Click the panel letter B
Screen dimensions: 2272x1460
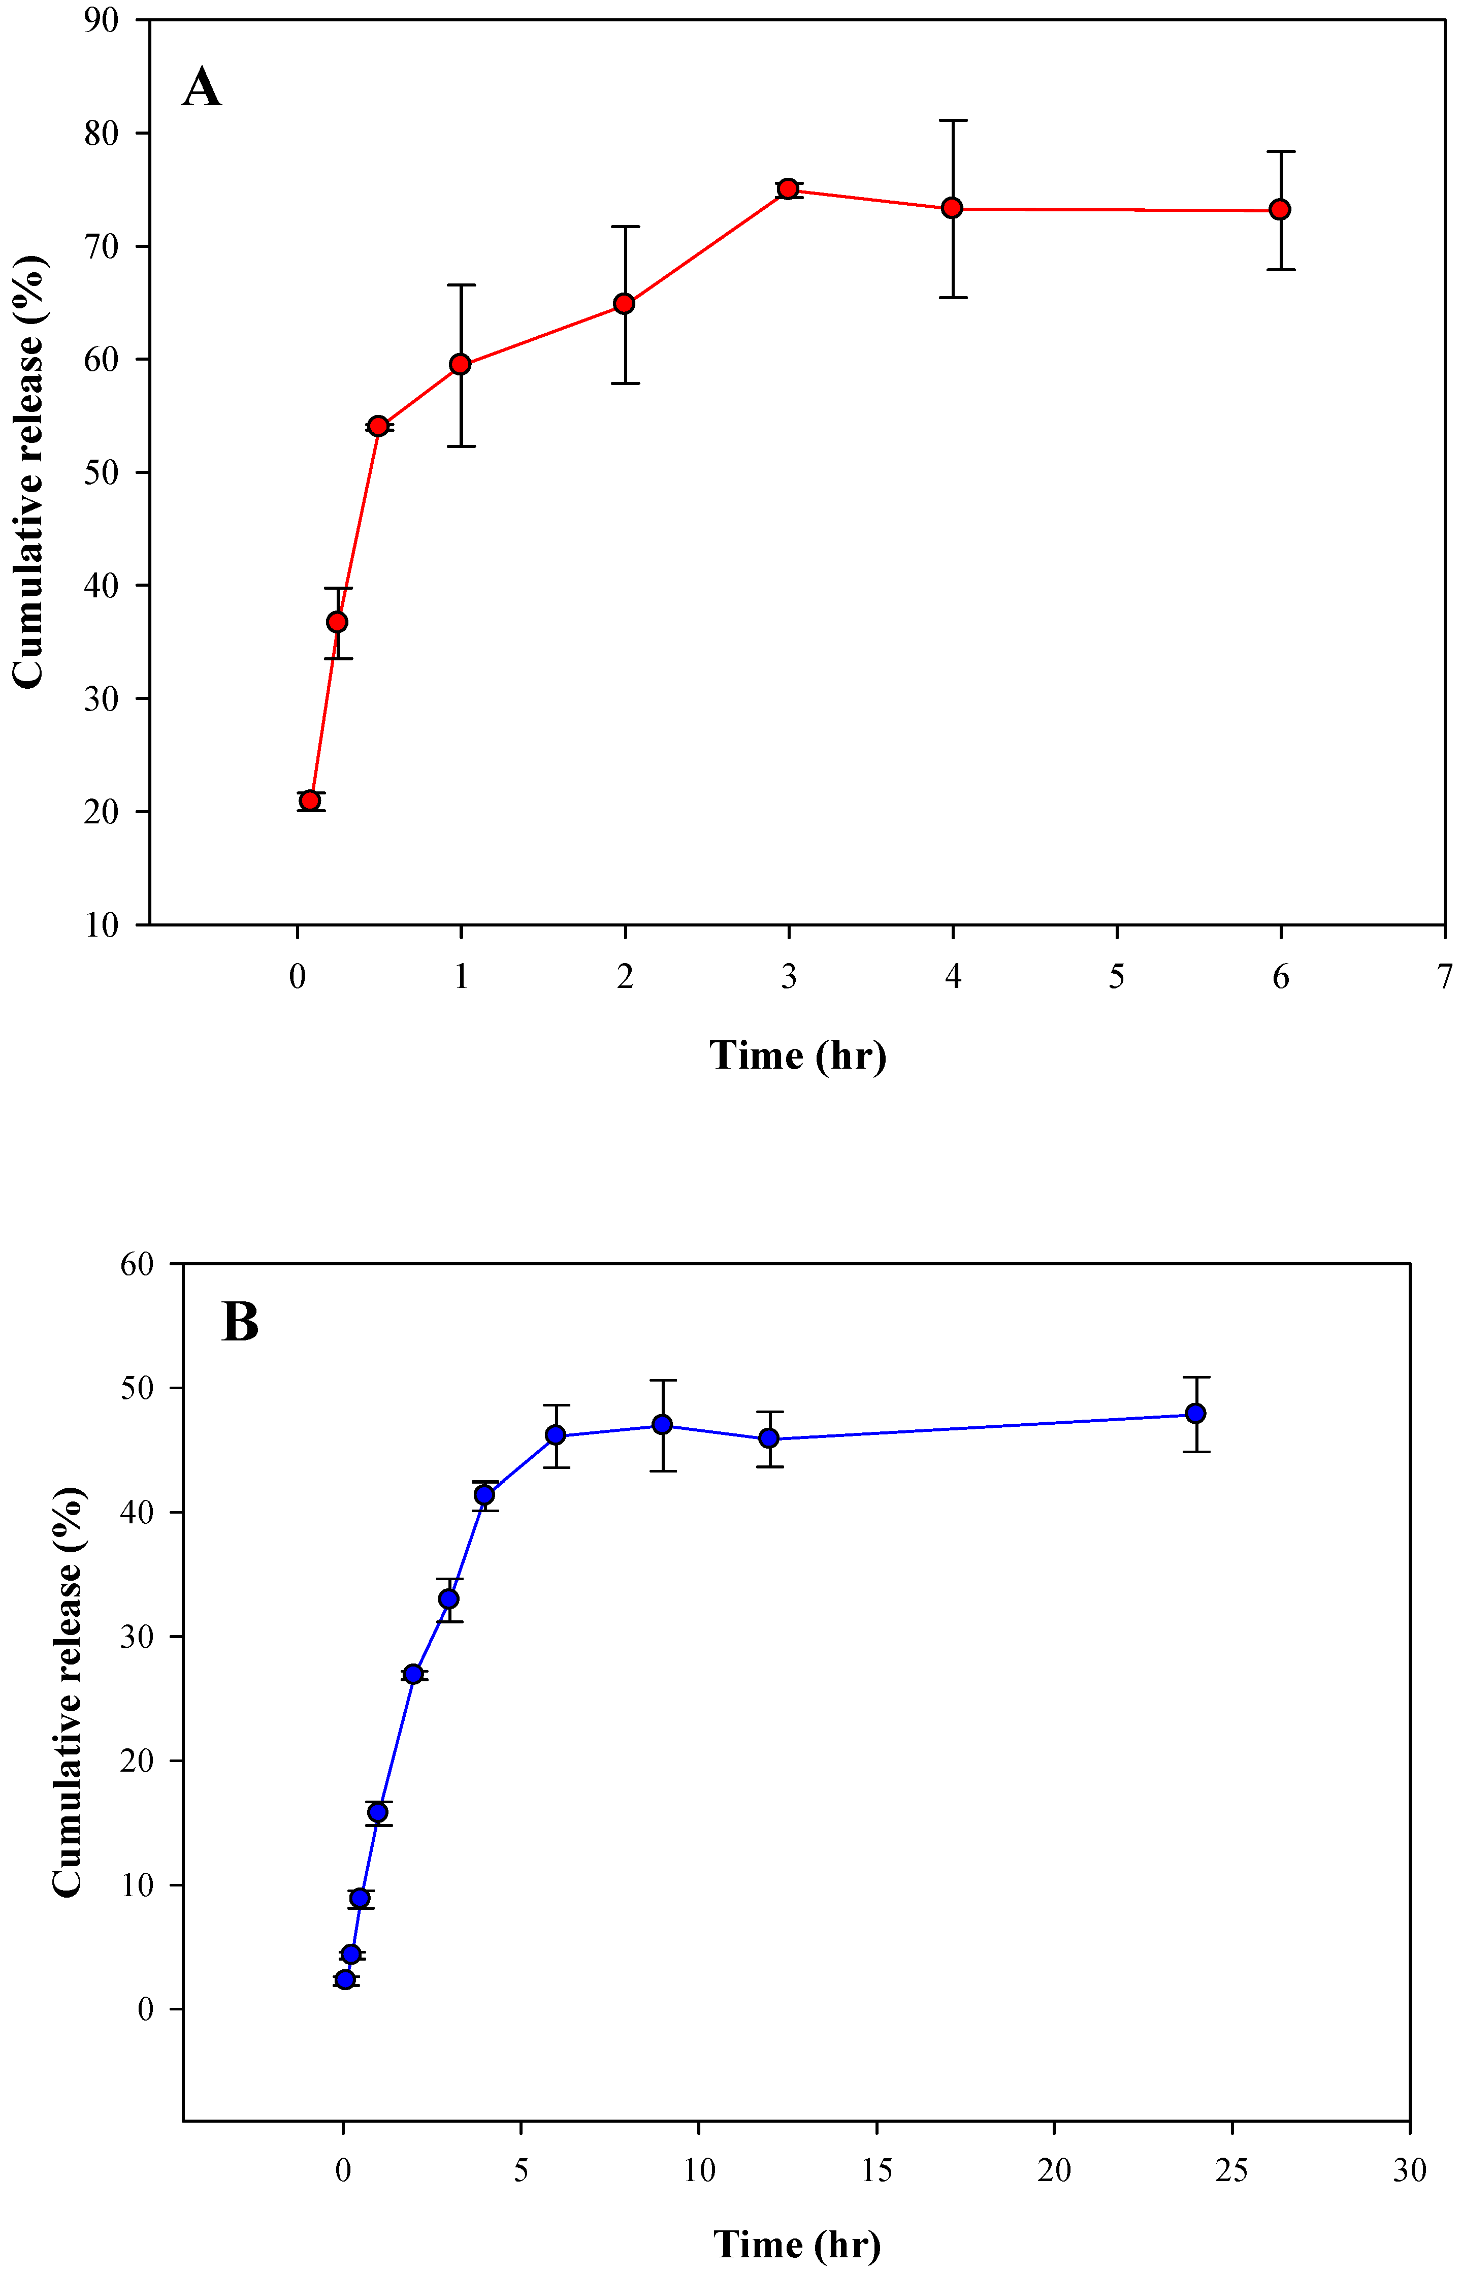[240, 1321]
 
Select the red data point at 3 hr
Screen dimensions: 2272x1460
[788, 189]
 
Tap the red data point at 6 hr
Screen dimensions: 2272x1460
[1280, 210]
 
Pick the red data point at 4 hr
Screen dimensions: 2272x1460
[952, 208]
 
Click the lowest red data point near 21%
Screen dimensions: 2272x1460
[310, 801]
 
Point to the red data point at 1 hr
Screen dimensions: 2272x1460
[461, 364]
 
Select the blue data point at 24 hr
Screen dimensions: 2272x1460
[1195, 1413]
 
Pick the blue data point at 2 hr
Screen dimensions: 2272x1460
[413, 1674]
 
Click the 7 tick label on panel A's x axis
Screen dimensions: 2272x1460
[1444, 977]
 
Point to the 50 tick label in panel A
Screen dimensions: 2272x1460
[101, 472]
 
